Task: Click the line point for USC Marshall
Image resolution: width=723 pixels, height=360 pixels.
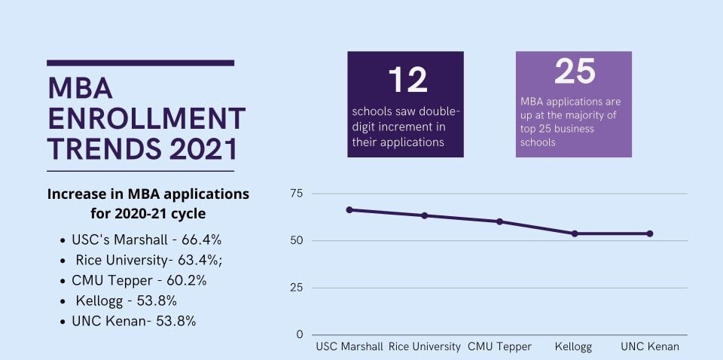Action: click(349, 209)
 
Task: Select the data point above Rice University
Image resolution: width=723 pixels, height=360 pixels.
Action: click(424, 215)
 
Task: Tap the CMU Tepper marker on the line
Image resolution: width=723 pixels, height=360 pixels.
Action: click(499, 221)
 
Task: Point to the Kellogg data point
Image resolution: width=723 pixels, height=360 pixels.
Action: click(574, 233)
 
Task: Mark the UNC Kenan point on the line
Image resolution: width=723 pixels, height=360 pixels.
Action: click(650, 233)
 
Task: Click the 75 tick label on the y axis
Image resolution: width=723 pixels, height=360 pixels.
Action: click(296, 194)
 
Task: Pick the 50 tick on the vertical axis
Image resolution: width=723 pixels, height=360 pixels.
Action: click(296, 241)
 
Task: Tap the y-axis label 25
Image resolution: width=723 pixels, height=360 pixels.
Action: click(296, 288)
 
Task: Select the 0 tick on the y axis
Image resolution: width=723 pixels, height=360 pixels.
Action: click(299, 334)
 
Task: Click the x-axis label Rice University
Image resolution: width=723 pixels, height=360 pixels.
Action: click(424, 347)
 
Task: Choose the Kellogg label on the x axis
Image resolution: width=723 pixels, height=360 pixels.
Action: click(573, 347)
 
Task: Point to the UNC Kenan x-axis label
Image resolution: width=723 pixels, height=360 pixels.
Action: click(650, 347)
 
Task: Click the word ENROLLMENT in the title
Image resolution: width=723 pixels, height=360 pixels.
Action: click(146, 119)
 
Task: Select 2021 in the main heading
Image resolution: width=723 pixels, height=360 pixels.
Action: click(203, 149)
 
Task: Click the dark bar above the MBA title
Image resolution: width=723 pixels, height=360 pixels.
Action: click(140, 63)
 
